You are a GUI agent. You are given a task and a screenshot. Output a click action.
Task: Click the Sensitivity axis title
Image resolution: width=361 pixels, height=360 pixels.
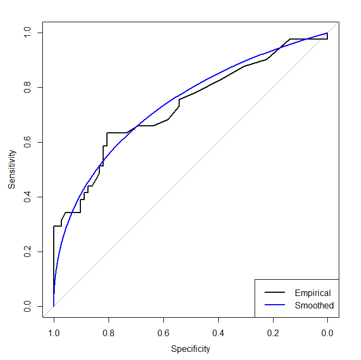click(x=11, y=169)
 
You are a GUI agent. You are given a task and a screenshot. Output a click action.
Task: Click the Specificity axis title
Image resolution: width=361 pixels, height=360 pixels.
click(x=191, y=349)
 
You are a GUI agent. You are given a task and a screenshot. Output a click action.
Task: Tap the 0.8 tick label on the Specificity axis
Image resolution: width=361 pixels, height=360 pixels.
click(x=109, y=332)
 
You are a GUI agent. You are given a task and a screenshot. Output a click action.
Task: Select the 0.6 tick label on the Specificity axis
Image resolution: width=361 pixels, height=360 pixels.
click(x=163, y=332)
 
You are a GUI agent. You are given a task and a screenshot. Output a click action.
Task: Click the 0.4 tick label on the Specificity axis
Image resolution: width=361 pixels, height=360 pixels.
click(x=218, y=332)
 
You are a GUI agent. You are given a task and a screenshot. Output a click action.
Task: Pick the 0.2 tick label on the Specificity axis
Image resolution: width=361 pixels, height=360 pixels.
click(x=273, y=332)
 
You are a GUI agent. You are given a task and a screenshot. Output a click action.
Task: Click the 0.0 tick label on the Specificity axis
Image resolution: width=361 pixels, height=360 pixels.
click(x=327, y=332)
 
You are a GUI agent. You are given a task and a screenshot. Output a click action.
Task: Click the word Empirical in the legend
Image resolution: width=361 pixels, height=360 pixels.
click(x=313, y=293)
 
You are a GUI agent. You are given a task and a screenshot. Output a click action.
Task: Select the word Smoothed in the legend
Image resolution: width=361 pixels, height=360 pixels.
click(x=314, y=305)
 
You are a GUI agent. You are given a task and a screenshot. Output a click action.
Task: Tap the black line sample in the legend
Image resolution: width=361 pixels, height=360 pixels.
click(x=275, y=293)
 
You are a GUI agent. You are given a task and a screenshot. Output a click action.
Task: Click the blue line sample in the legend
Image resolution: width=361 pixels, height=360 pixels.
click(x=275, y=305)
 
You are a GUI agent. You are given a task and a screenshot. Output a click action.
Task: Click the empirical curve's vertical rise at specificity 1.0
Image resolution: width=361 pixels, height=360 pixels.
click(x=54, y=260)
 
